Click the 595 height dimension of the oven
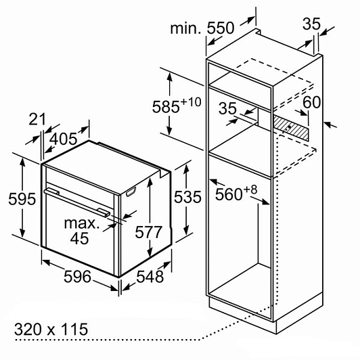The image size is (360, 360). [22, 198]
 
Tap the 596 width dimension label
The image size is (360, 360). [77, 276]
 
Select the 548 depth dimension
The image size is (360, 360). [150, 276]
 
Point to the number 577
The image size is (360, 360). [149, 232]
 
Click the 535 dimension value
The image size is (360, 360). [187, 197]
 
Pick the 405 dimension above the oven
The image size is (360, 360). [64, 139]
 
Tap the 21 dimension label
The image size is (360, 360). [37, 119]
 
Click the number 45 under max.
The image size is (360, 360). [79, 238]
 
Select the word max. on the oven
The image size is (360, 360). [82, 223]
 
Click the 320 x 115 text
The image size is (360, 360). [51, 329]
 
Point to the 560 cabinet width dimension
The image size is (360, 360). [229, 194]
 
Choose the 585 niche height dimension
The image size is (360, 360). [166, 107]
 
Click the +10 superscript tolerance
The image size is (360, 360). [191, 102]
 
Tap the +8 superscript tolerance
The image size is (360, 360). [250, 190]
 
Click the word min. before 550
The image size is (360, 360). [185, 28]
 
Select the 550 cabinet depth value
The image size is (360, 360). [221, 28]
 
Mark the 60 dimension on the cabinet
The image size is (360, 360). [311, 102]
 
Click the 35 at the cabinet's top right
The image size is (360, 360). [311, 24]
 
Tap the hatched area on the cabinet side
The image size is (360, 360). [291, 127]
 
